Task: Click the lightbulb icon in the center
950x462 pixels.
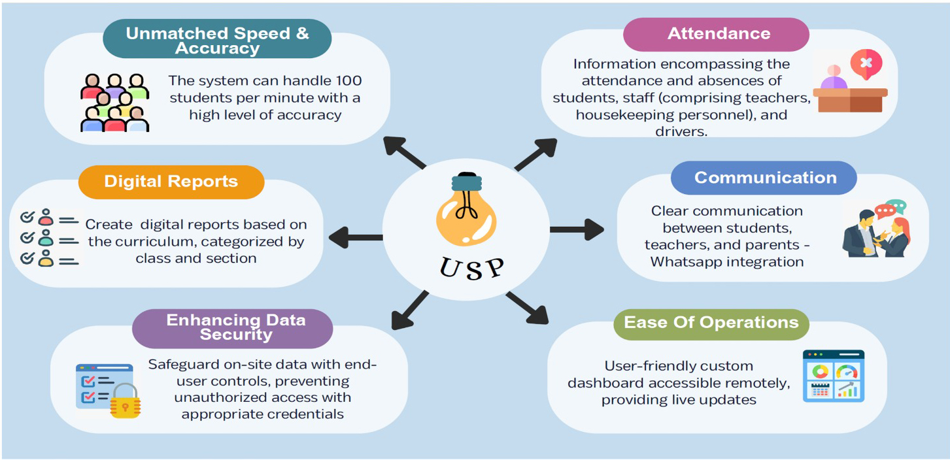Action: point(466,208)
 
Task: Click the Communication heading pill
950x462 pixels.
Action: point(765,178)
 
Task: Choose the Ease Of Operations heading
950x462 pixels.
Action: point(711,323)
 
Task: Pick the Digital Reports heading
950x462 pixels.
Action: point(171,181)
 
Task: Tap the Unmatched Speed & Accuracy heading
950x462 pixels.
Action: point(217,41)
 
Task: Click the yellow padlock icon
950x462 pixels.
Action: point(125,401)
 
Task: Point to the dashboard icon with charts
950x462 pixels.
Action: point(833,376)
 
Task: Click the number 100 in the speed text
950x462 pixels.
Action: point(347,81)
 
